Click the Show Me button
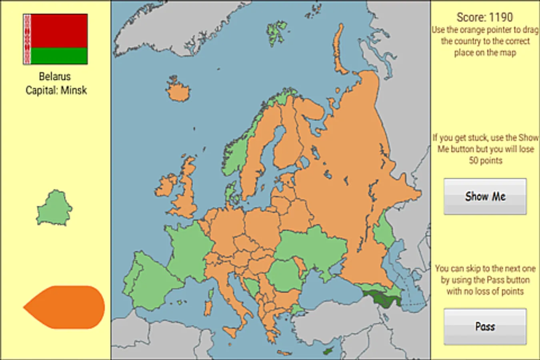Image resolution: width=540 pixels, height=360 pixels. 485,196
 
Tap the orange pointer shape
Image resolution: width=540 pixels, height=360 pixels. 66,307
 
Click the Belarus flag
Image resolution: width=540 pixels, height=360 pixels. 55,39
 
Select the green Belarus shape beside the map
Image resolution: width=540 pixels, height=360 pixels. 54,208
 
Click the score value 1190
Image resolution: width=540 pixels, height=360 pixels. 500,17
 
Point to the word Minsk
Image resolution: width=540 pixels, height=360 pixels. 74,90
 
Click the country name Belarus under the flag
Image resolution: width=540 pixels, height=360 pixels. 55,76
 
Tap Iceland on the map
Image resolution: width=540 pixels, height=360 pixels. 178,91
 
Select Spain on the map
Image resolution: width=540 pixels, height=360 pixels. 154,280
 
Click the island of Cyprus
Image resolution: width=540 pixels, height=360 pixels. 328,351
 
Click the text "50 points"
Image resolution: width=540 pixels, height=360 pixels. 485,161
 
